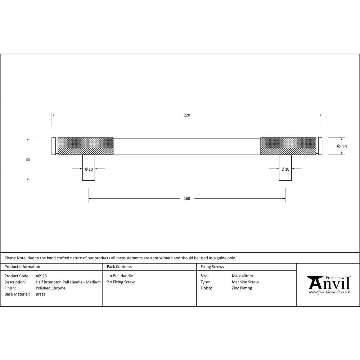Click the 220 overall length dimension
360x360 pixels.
pyautogui.click(x=187, y=115)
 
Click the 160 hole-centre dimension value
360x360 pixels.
pyautogui.click(x=187, y=198)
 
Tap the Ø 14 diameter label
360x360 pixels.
pyautogui.click(x=342, y=146)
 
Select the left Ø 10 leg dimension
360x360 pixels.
pyautogui.click(x=89, y=169)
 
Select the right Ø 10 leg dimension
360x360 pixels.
pyautogui.click(x=285, y=169)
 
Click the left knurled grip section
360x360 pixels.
pyautogui.click(x=86, y=146)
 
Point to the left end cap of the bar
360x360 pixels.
pyautogui.click(x=54, y=146)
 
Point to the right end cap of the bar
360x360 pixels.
pyautogui.click(x=320, y=146)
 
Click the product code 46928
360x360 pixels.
pyautogui.click(x=41, y=276)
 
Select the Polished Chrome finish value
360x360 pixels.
pyautogui.click(x=51, y=288)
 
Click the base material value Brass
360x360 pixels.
pyautogui.click(x=41, y=294)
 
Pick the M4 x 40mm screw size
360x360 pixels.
pyautogui.click(x=243, y=276)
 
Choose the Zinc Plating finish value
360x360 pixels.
pyautogui.click(x=242, y=288)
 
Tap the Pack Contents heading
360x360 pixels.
pyautogui.click(x=119, y=267)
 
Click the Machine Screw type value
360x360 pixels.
pyautogui.click(x=245, y=282)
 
